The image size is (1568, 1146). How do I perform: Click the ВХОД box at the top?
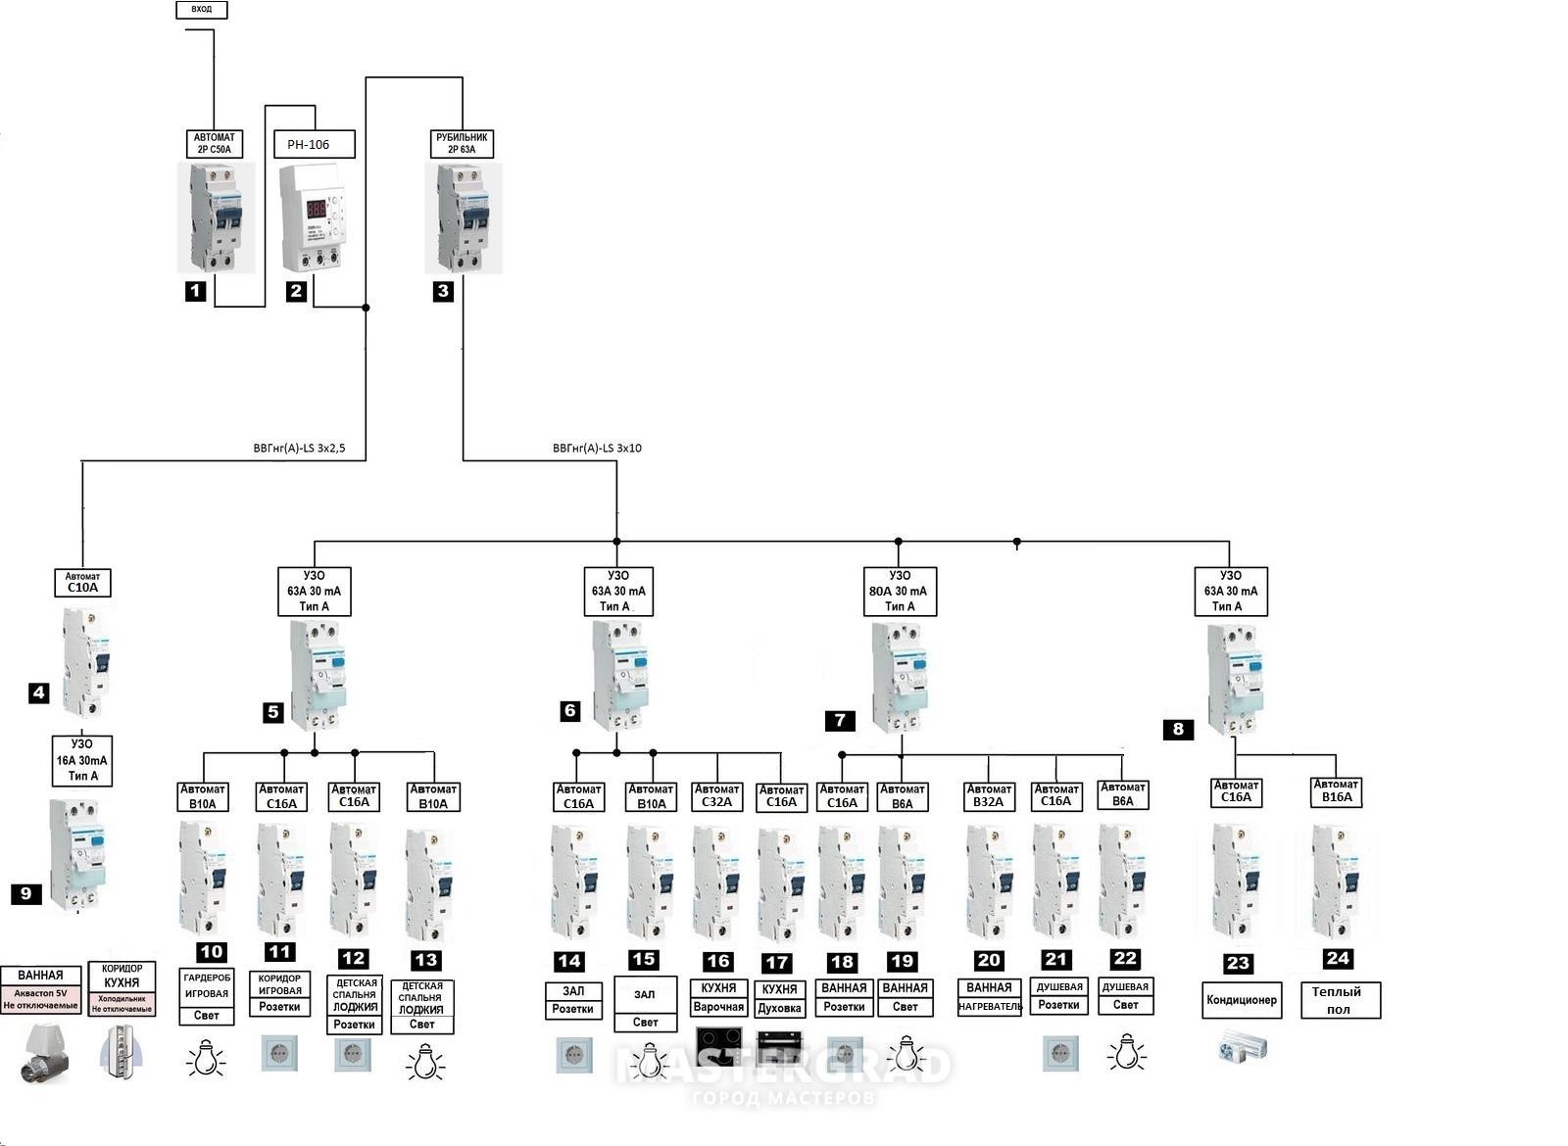point(201,10)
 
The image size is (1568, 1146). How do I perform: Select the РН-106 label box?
point(314,144)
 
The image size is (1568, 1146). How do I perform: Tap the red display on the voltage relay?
point(316,209)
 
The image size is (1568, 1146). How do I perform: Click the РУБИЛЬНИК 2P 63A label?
point(462,143)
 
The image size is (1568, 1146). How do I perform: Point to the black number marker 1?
point(195,291)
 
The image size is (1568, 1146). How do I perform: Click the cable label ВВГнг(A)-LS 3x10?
point(597,449)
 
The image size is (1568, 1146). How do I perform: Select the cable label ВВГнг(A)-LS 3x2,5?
point(299,449)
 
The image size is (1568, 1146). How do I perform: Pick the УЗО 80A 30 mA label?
point(900,591)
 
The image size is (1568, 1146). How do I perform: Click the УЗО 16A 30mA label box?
point(82,760)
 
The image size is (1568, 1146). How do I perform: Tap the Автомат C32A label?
point(716,795)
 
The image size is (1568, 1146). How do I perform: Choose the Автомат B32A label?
point(989,795)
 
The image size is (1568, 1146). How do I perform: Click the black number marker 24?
point(1337,958)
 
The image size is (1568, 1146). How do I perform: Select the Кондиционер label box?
point(1241,1000)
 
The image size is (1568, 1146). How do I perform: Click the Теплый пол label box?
point(1340,1000)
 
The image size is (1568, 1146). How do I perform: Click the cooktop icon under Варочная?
point(718,1045)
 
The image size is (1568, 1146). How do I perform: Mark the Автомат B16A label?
point(1336,791)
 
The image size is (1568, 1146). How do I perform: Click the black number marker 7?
point(840,721)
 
